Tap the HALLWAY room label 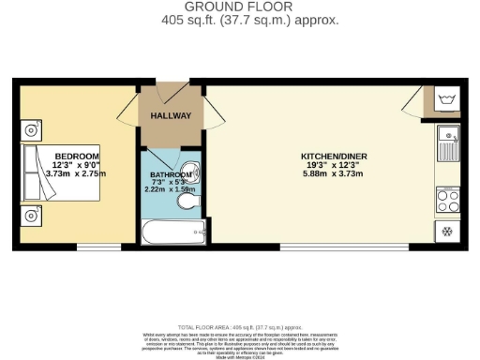click(171, 116)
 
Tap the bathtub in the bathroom click(170, 230)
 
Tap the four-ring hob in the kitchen click(447, 199)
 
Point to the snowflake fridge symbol click(446, 231)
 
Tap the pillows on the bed click(30, 174)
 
